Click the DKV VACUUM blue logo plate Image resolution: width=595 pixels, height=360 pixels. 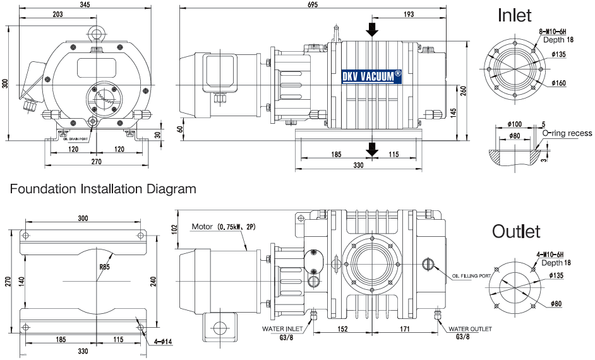(x=371, y=76)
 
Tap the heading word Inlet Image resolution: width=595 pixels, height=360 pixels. (x=515, y=15)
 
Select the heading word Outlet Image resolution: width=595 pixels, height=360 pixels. (x=516, y=231)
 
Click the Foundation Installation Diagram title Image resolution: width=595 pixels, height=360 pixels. (x=103, y=189)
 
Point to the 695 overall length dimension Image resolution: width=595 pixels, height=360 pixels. (x=313, y=5)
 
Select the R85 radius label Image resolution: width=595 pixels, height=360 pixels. (x=105, y=267)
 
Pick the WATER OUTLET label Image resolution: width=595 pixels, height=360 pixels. (x=470, y=329)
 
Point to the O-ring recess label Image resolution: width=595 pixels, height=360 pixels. (x=567, y=133)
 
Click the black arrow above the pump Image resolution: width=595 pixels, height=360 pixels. (x=373, y=29)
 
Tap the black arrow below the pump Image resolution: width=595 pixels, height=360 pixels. (x=373, y=149)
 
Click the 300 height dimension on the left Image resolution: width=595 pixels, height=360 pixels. (x=6, y=84)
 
